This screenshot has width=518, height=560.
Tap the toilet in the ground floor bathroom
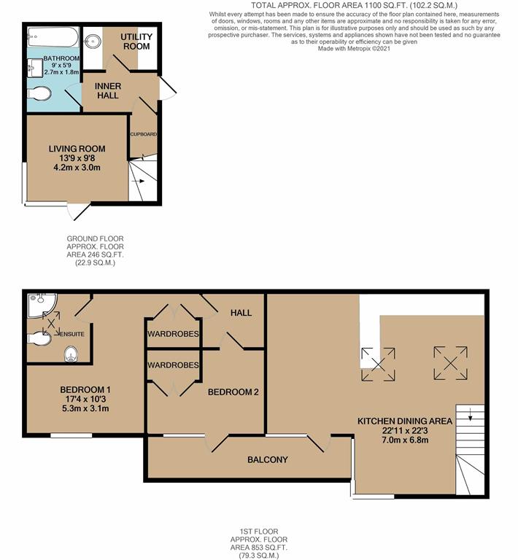point(41,93)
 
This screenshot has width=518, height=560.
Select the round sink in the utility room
point(93,40)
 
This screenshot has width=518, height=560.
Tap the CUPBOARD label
point(143,134)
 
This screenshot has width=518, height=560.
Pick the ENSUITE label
point(71,334)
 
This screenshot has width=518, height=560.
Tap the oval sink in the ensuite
point(71,355)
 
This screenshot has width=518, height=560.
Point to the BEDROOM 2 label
point(233,392)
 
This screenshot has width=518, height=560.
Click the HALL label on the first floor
point(241,313)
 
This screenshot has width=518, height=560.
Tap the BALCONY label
point(268,460)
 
